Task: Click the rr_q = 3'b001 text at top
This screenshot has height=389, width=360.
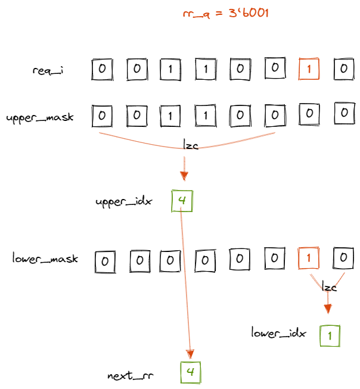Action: click(x=225, y=14)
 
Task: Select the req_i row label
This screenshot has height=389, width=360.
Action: click(x=48, y=71)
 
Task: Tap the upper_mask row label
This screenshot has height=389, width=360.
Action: click(x=40, y=117)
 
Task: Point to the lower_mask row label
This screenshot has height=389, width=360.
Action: click(x=45, y=259)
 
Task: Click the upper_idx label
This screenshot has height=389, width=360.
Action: click(x=123, y=202)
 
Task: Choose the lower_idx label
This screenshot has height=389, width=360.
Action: click(x=278, y=333)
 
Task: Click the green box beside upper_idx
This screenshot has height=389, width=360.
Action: click(x=182, y=201)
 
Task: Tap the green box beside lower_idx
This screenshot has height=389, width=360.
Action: click(x=330, y=335)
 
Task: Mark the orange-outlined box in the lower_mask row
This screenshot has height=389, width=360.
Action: click(x=308, y=259)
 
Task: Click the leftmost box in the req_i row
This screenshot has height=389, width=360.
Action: click(x=102, y=69)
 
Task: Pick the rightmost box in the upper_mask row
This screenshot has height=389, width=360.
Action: click(x=343, y=112)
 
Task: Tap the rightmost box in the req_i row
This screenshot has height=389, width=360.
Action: click(x=343, y=69)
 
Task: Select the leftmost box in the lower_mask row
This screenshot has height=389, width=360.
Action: click(x=104, y=261)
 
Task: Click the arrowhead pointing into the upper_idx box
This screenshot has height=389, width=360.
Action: click(x=184, y=175)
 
